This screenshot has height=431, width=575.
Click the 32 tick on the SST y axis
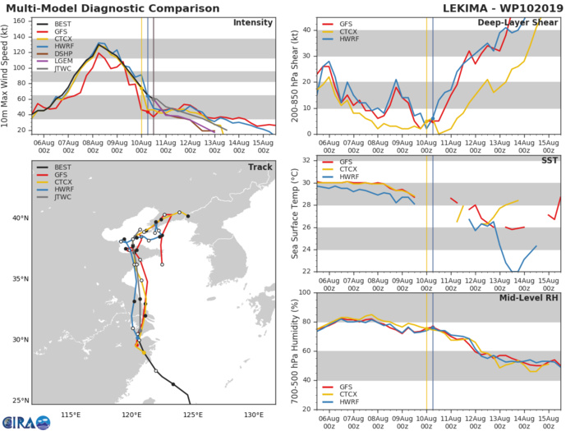click(x=305, y=160)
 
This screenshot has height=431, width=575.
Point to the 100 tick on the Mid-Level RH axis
click(x=302, y=293)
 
